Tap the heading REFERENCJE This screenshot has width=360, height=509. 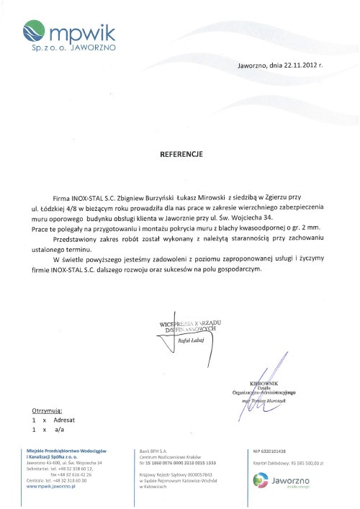pyautogui.click(x=181, y=154)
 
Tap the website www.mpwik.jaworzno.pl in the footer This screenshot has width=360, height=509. pyautogui.click(x=51, y=487)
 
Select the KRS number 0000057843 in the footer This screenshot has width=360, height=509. pyautogui.click(x=192, y=475)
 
